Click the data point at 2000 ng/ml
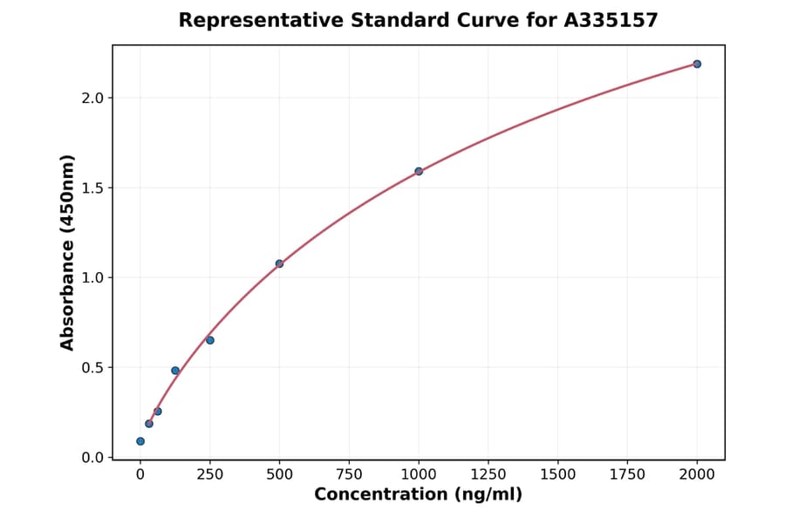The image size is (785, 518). point(697,64)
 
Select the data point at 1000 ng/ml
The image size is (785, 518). point(419,171)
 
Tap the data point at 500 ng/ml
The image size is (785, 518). point(279,263)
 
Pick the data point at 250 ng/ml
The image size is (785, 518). point(210,340)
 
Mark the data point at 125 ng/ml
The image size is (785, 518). point(175,371)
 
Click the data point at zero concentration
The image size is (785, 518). point(140,441)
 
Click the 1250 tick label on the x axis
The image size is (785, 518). point(488,474)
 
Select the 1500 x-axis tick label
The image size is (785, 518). point(558,474)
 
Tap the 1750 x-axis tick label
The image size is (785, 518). point(627,474)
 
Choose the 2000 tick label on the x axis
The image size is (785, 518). point(697,474)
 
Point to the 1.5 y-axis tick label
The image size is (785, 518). point(92,187)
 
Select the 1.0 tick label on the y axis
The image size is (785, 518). point(92,277)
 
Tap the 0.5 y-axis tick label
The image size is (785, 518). point(92,367)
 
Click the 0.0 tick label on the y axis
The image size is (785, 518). point(92,457)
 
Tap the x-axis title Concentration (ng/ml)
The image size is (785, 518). point(418,495)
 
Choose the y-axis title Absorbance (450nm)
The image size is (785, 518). point(68,252)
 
